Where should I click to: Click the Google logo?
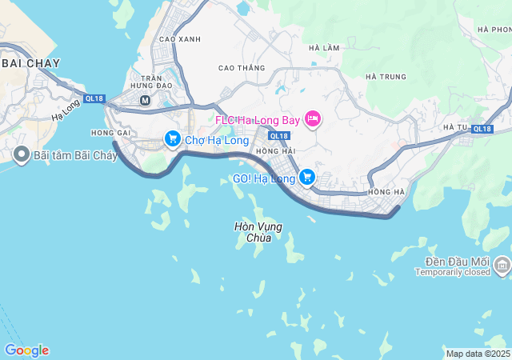pyautogui.click(x=26, y=350)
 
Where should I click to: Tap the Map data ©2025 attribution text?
pyautogui.click(x=478, y=354)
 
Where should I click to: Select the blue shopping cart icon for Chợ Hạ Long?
pyautogui.click(x=172, y=139)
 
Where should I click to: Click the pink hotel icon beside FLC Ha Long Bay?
pyautogui.click(x=313, y=120)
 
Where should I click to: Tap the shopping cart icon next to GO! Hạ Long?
pyautogui.click(x=306, y=177)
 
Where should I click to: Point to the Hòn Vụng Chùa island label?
pyautogui.click(x=258, y=232)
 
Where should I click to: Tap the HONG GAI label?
pyautogui.click(x=110, y=133)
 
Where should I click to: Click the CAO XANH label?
pyautogui.click(x=180, y=39)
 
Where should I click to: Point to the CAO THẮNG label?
pyautogui.click(x=241, y=68)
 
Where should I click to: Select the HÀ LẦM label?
pyautogui.click(x=324, y=48)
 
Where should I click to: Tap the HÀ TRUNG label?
pyautogui.click(x=386, y=77)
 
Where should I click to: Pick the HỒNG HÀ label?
pyautogui.click(x=387, y=193)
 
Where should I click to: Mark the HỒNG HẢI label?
pyautogui.click(x=276, y=151)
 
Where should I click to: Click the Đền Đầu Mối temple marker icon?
pyautogui.click(x=502, y=264)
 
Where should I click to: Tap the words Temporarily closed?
pyautogui.click(x=451, y=272)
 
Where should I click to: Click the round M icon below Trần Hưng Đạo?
pyautogui.click(x=145, y=101)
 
